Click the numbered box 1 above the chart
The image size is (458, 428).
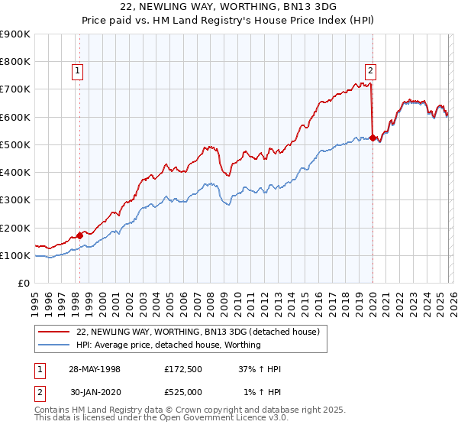79,72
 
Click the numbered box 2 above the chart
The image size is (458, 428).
370,72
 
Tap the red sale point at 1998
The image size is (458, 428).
80,235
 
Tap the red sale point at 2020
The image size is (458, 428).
373,138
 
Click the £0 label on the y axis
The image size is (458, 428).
23,284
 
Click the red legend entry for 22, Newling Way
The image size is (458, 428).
202,332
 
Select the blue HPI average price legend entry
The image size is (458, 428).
169,345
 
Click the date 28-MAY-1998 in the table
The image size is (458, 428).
95,369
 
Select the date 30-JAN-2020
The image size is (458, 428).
95,394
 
